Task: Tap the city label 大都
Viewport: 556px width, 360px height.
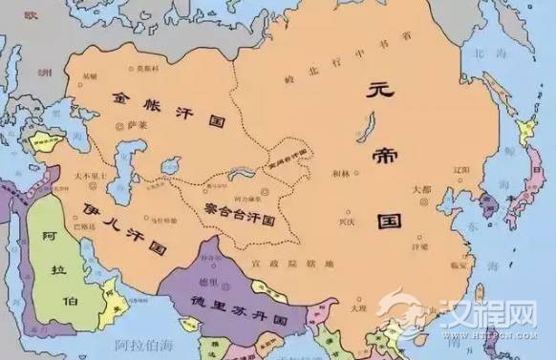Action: click(421, 190)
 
